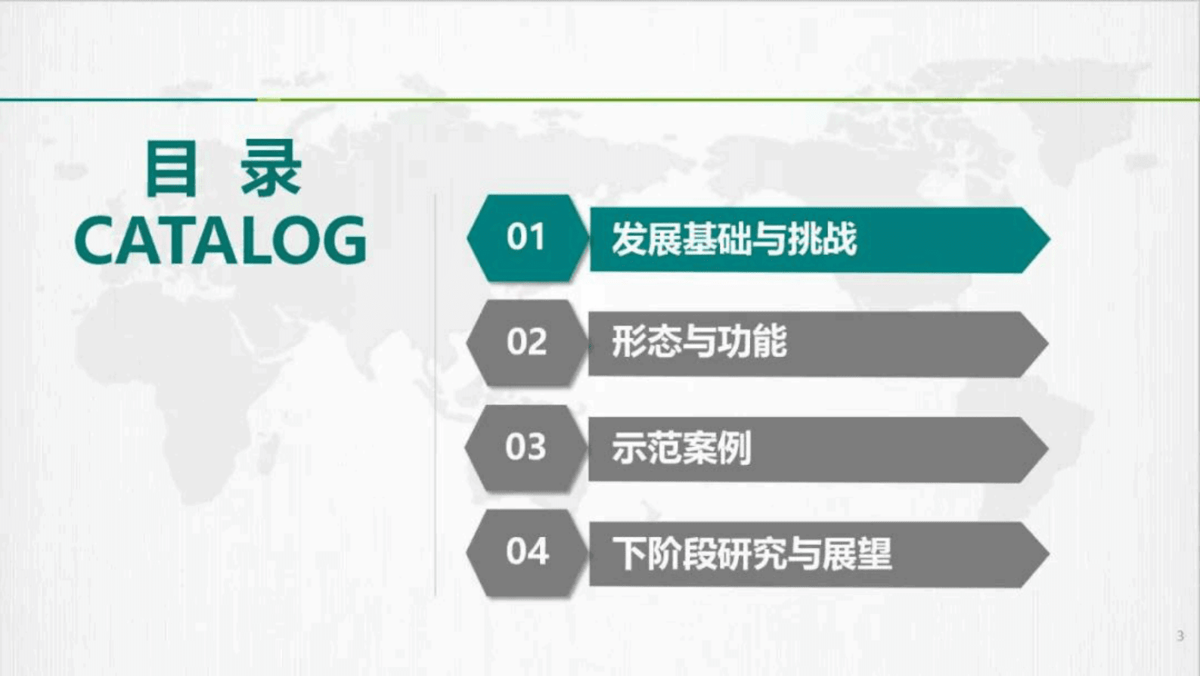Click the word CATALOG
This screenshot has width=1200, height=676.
pos(220,240)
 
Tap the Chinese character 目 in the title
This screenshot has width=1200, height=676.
pos(171,169)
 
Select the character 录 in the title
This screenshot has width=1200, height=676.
pos(271,169)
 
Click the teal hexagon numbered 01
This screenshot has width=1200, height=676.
pos(526,237)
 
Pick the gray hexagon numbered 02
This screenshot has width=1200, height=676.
pos(526,343)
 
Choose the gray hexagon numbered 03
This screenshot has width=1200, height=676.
pos(526,448)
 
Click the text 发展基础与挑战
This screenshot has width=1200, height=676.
pos(733,240)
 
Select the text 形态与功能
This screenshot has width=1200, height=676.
pos(699,343)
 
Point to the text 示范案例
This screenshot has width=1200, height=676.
pos(681,448)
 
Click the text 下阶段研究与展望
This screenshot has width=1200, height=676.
pos(752,554)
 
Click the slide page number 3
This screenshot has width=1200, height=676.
pos(1180,636)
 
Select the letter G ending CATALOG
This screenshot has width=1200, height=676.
pos(344,240)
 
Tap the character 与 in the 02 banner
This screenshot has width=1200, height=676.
pos(699,343)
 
